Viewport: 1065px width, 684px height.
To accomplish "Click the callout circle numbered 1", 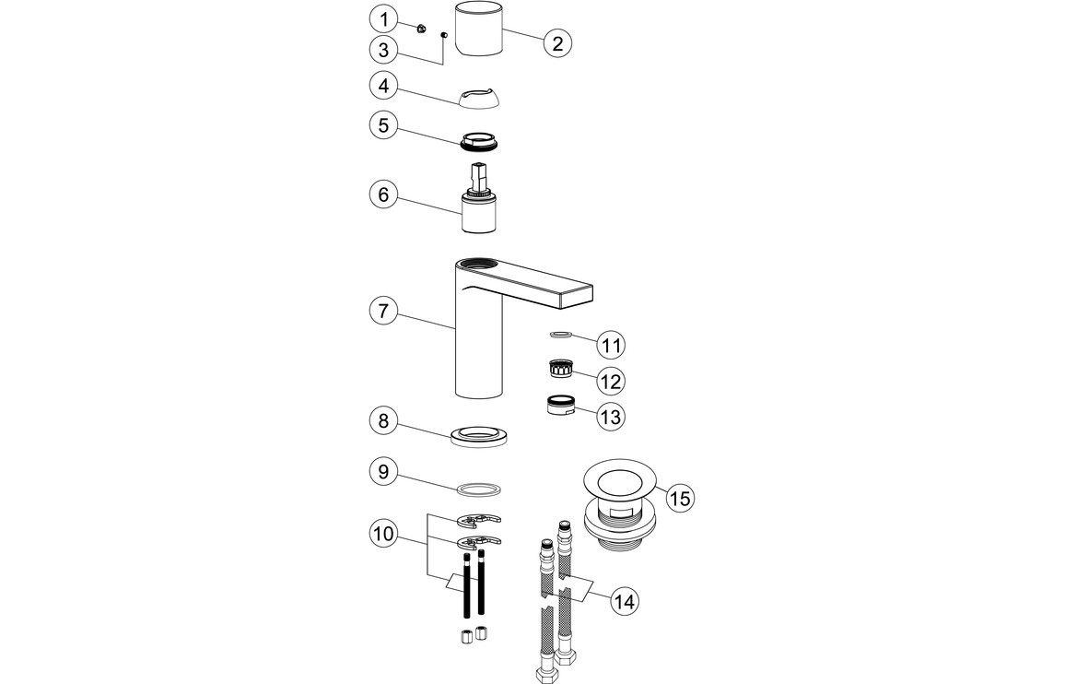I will pos(384,18).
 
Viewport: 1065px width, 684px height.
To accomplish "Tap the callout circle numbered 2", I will pos(558,42).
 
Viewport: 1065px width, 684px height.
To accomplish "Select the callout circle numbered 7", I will pos(384,311).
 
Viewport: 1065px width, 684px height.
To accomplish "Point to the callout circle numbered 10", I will pos(384,533).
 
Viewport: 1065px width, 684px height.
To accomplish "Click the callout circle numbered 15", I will pos(680,499).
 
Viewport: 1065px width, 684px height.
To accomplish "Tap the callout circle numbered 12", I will pos(610,381).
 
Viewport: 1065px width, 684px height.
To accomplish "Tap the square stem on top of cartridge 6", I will pos(478,175).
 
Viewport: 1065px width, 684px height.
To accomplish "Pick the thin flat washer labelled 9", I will pos(480,487).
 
